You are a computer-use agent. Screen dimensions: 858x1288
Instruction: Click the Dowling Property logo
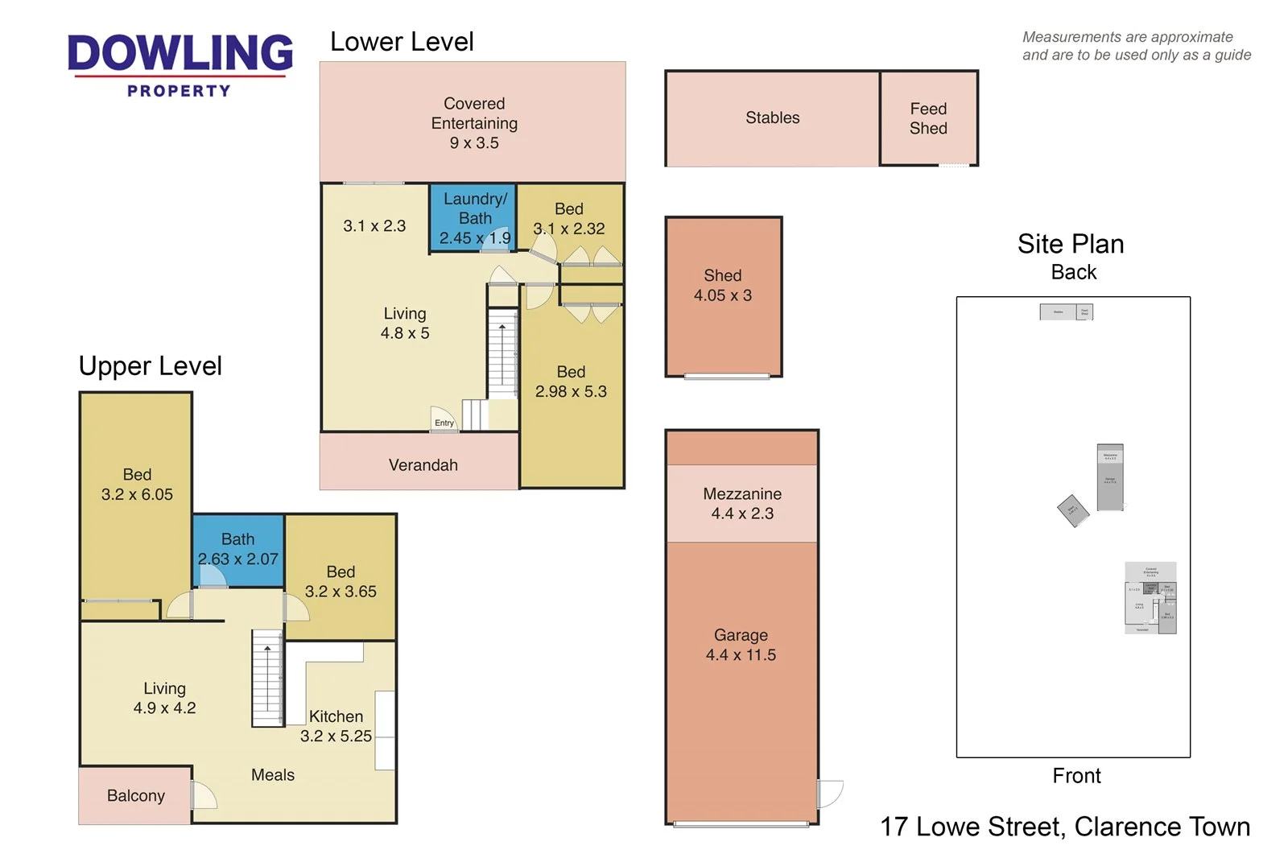180,64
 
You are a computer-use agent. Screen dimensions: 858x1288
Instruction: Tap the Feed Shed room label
927,118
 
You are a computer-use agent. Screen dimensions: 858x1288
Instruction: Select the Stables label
772,118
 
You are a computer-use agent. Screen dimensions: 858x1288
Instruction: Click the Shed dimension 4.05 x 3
722,295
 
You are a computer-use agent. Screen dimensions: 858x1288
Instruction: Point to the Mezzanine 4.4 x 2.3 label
741,504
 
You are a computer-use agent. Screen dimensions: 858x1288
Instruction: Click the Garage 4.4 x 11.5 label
741,645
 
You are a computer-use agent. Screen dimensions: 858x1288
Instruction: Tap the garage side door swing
830,794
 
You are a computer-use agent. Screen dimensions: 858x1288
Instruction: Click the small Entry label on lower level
444,423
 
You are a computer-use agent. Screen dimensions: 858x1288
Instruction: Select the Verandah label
423,465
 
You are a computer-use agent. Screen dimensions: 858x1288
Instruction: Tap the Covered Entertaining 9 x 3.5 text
474,123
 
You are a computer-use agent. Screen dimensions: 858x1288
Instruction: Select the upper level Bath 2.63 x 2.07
237,549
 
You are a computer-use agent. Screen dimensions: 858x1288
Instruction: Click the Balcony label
135,796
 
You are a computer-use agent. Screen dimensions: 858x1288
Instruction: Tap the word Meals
272,775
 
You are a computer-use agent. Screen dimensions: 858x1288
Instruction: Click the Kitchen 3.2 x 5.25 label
336,726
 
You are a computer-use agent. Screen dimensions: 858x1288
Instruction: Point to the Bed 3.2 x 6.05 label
137,485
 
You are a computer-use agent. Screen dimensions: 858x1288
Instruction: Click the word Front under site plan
1075,776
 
